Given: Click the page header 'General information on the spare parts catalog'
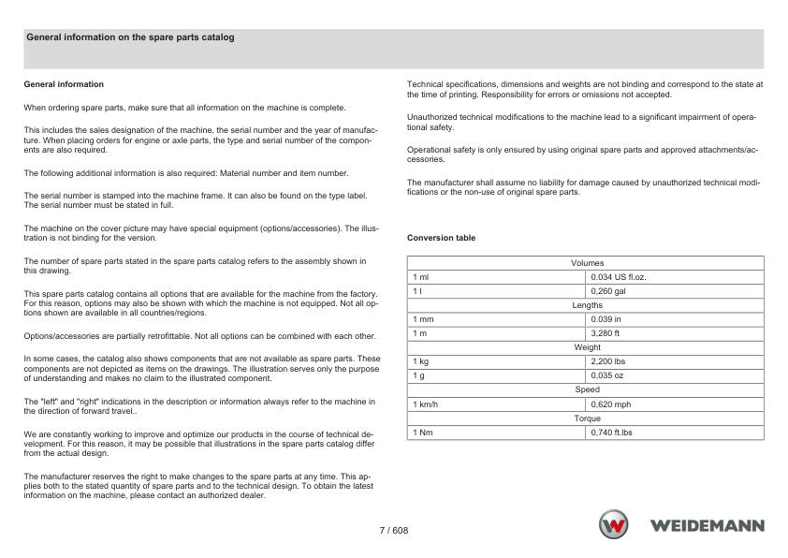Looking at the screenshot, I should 130,37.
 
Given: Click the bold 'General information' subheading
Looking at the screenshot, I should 64,84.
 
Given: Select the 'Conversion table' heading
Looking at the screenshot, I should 441,238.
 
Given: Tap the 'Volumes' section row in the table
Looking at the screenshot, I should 587,263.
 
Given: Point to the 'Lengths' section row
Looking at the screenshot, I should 587,305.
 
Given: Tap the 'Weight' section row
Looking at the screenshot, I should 587,347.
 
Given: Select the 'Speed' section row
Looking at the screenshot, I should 587,389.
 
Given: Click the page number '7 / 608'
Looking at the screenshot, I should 393,531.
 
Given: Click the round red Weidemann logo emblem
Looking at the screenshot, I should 614,525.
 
